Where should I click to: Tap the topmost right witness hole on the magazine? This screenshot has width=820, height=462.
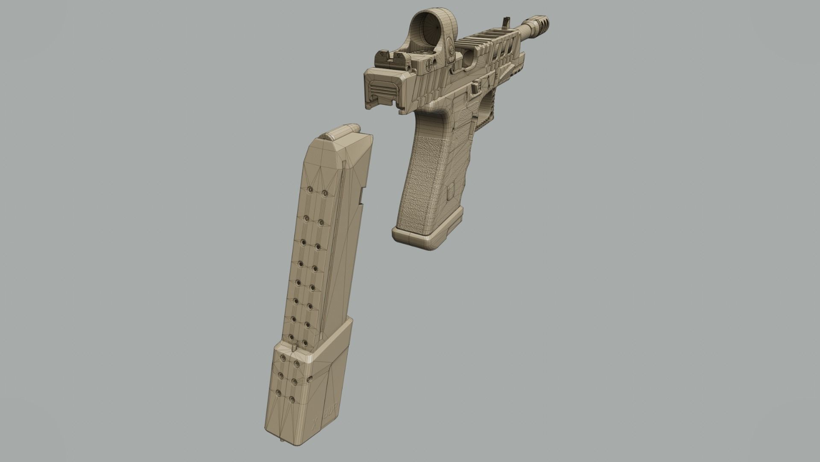click(325, 194)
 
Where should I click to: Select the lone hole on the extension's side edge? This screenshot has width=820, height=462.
click(310, 379)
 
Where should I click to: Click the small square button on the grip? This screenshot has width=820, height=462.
click(450, 193)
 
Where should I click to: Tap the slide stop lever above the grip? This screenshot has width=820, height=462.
click(474, 88)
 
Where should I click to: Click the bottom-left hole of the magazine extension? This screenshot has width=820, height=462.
click(279, 393)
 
